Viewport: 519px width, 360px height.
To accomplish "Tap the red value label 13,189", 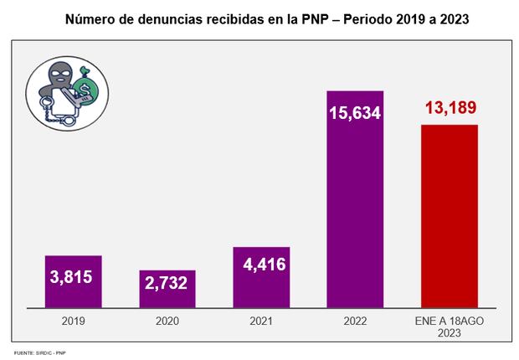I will click(450, 109).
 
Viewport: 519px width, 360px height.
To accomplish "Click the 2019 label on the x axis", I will click(73, 321).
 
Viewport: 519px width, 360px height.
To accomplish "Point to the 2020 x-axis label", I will click(167, 321).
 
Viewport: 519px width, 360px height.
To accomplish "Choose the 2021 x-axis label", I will click(261, 321).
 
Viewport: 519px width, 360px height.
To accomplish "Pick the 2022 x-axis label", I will click(355, 321).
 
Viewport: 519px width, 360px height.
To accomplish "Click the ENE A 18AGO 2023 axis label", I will click(450, 326).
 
